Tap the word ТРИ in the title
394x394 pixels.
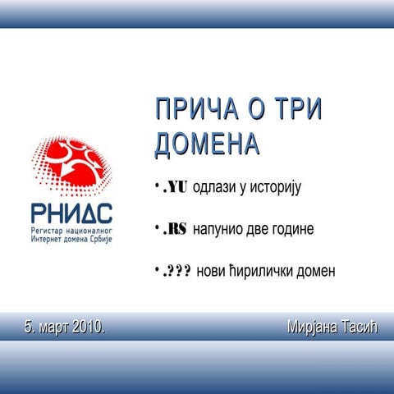(x=295, y=110)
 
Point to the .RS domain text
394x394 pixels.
(x=174, y=229)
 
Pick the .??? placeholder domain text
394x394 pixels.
(x=176, y=271)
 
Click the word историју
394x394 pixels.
(x=276, y=188)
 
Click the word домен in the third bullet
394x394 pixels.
(x=317, y=271)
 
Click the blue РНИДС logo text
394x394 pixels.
(x=72, y=216)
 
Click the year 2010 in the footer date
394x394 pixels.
(x=88, y=328)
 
